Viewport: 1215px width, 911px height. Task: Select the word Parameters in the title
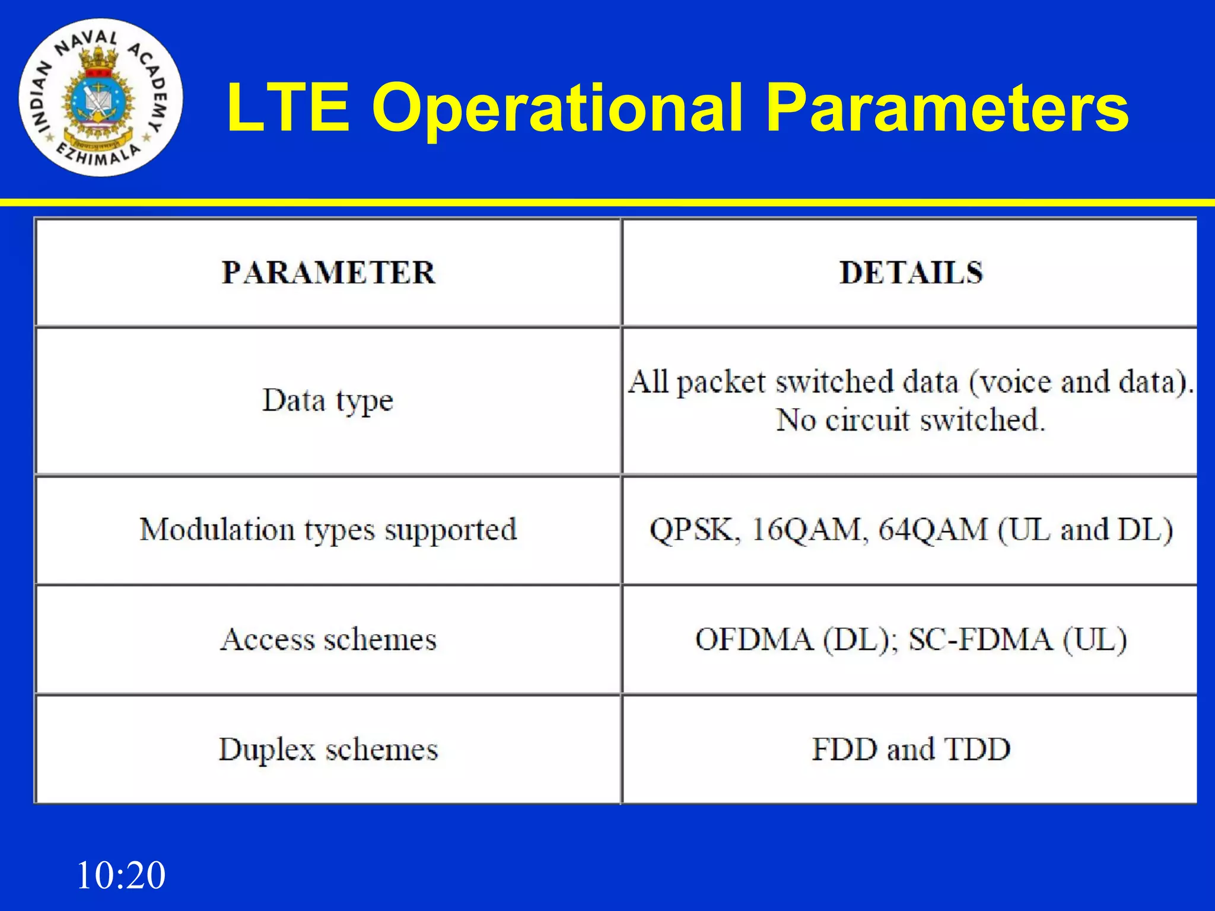(x=947, y=108)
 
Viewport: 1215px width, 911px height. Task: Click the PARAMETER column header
(x=328, y=273)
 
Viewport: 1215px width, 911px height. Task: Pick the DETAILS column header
(x=911, y=273)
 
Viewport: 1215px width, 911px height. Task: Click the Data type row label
(x=328, y=401)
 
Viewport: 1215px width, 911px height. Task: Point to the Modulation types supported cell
(x=328, y=530)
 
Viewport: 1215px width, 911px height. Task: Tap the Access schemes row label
(x=328, y=639)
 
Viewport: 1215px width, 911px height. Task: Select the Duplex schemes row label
(x=328, y=749)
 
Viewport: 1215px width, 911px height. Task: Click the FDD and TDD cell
(x=911, y=749)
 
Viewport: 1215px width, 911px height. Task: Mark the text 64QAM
(x=933, y=530)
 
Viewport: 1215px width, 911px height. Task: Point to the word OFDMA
(x=754, y=639)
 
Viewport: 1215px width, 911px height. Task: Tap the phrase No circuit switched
(x=911, y=421)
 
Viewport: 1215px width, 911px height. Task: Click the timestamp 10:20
(x=121, y=875)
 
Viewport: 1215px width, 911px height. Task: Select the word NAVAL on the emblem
(x=87, y=42)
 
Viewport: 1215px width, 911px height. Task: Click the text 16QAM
(x=806, y=530)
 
